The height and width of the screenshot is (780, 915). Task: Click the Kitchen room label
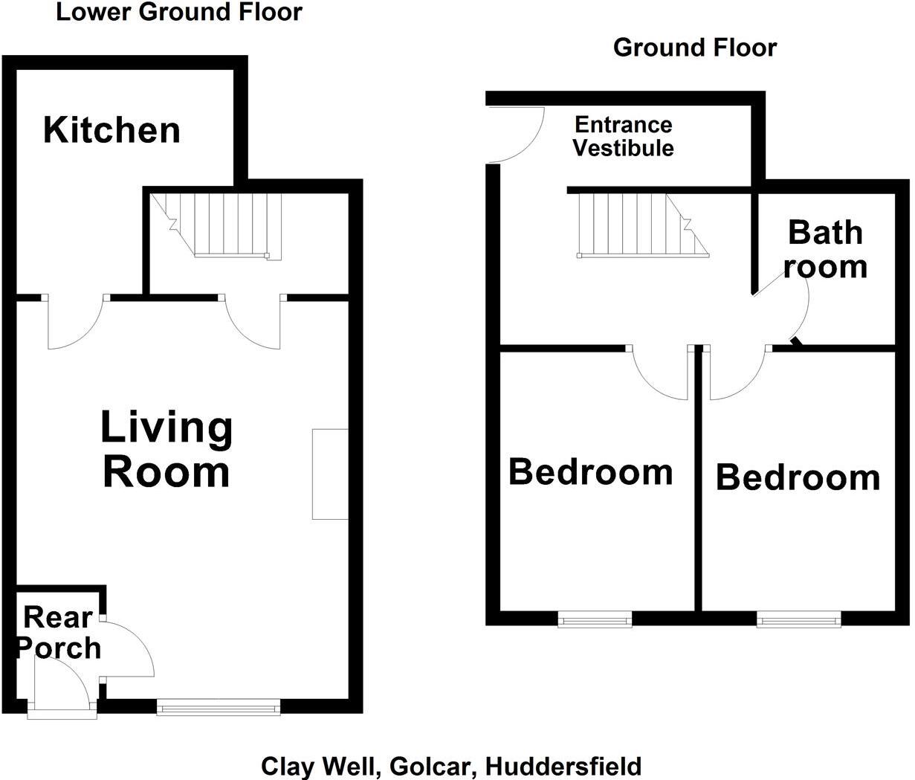(x=111, y=130)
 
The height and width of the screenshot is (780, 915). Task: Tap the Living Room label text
(x=166, y=450)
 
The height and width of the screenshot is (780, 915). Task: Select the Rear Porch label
(x=59, y=633)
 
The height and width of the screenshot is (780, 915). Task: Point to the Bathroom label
(x=825, y=249)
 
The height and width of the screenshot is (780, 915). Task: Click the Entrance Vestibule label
(x=623, y=136)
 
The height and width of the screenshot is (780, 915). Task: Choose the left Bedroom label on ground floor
(x=590, y=472)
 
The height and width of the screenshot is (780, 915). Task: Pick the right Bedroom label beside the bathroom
(x=798, y=477)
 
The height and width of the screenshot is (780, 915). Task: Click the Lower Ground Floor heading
(x=179, y=13)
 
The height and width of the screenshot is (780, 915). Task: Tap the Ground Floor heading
(x=694, y=48)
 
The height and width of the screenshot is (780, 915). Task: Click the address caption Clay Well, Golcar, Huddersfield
(x=451, y=766)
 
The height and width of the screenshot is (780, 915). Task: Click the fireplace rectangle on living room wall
(x=330, y=474)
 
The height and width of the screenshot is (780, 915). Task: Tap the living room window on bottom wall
(x=219, y=707)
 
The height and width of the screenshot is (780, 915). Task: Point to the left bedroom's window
(x=595, y=619)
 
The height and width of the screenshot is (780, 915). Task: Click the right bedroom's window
(x=799, y=619)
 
